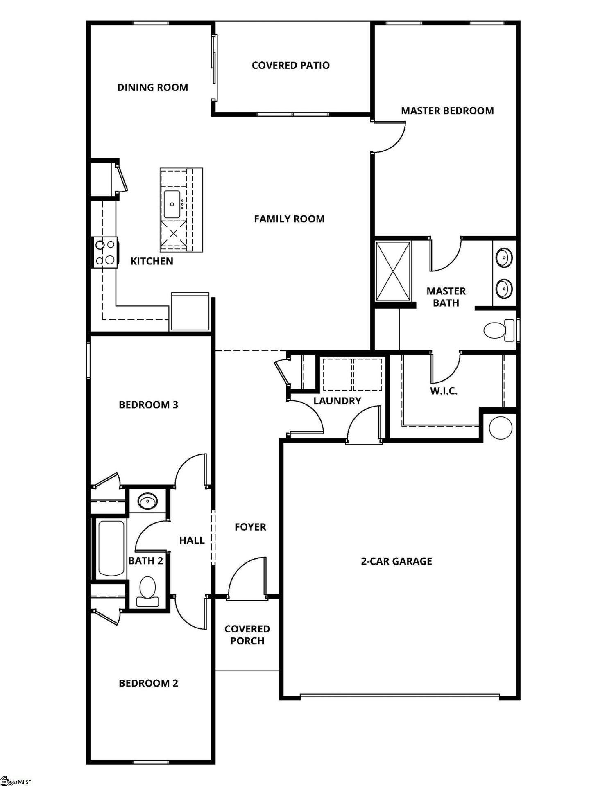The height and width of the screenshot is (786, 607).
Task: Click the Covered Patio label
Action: point(290,65)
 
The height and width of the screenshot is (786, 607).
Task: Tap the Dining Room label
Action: point(153,88)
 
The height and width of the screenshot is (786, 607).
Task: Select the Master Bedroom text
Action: point(447,111)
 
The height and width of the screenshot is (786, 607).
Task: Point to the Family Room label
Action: point(289,219)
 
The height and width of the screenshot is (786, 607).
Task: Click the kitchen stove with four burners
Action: point(105,253)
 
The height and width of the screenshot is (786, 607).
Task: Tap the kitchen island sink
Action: point(172,204)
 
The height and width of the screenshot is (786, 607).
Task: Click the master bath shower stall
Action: point(393,271)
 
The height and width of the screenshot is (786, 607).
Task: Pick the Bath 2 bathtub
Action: point(111,548)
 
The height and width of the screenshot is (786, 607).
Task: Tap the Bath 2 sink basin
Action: point(147,501)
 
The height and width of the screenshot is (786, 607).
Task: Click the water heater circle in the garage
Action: point(501,428)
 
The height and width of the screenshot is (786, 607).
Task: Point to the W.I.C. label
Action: point(444,391)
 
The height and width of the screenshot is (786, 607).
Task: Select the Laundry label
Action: point(337,401)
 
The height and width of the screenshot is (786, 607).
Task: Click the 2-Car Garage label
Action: point(396,561)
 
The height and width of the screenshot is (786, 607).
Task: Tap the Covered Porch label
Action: point(247,635)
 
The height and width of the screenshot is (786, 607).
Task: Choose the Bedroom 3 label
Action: point(148,405)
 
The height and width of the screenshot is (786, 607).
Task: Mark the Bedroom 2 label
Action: point(148,683)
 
